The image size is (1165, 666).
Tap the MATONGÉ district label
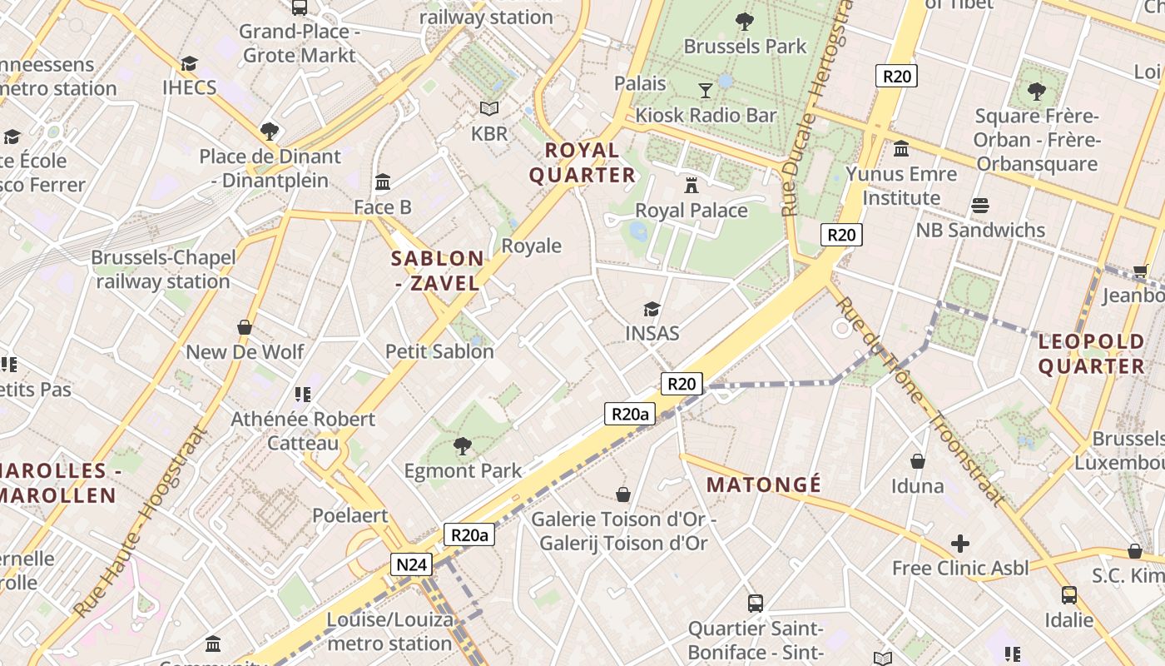pyautogui.click(x=763, y=485)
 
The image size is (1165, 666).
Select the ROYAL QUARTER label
pyautogui.click(x=582, y=162)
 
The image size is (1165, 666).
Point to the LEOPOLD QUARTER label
pyautogui.click(x=1092, y=354)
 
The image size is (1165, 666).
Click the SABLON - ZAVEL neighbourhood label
pyautogui.click(x=438, y=271)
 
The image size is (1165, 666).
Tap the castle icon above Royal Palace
pyautogui.click(x=692, y=185)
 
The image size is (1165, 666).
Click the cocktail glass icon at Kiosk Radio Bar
pyautogui.click(x=706, y=90)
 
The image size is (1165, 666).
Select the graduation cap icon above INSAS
pyautogui.click(x=652, y=309)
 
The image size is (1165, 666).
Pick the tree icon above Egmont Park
pyautogui.click(x=463, y=446)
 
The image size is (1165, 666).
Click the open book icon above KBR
pyautogui.click(x=489, y=109)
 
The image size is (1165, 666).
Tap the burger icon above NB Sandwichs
pyautogui.click(x=980, y=206)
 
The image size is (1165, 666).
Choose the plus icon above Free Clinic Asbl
pyautogui.click(x=960, y=544)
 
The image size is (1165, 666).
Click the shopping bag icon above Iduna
pyautogui.click(x=918, y=461)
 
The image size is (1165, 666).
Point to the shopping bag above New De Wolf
pyautogui.click(x=245, y=327)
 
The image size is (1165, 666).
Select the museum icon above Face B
pyautogui.click(x=383, y=181)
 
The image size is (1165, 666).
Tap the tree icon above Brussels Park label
pyautogui.click(x=745, y=21)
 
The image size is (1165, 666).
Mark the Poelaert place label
pyautogui.click(x=350, y=515)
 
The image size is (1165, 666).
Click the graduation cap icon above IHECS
pyautogui.click(x=190, y=63)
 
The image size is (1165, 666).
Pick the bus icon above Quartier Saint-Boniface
pyautogui.click(x=756, y=603)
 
